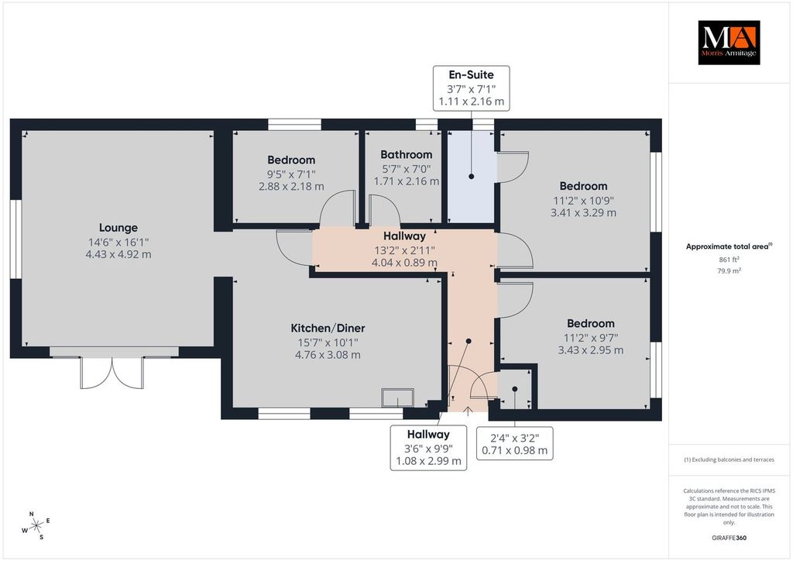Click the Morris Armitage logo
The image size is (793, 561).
point(729,43)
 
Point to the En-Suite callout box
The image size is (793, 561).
point(472,88)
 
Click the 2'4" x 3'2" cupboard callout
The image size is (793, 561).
point(515,444)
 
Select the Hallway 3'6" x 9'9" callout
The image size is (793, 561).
point(428,448)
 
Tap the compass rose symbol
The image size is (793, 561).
point(36,526)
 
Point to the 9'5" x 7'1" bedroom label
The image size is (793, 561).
point(291,173)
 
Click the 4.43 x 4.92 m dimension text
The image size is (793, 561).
point(118,254)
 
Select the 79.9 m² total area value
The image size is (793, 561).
point(729,270)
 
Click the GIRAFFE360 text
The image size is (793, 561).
point(729,538)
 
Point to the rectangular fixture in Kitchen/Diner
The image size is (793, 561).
point(398,398)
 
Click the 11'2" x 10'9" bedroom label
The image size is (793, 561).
point(584,199)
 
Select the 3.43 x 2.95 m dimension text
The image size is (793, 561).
point(591,350)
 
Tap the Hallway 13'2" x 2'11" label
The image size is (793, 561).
point(404,249)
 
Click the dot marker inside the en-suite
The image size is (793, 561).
point(472,177)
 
